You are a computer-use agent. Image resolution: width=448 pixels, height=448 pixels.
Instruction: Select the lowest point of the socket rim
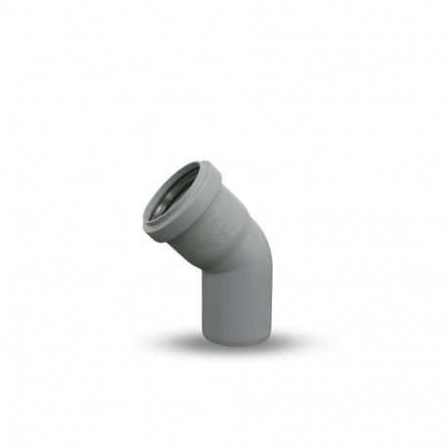point(149,233)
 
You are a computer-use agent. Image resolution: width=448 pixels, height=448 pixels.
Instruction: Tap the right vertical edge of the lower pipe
point(268,308)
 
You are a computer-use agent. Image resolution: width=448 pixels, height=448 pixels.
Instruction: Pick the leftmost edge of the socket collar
point(143,220)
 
